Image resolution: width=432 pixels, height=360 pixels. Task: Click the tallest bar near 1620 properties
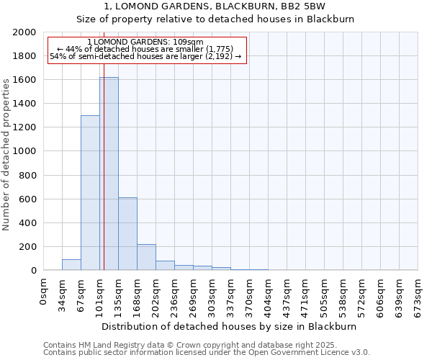(x=109, y=174)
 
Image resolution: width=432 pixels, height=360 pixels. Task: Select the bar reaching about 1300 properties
(x=90, y=193)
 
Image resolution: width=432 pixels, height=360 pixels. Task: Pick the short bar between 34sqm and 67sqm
(x=71, y=265)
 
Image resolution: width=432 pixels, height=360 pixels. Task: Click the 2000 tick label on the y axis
(x=24, y=32)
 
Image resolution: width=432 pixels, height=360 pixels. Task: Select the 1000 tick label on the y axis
(x=24, y=151)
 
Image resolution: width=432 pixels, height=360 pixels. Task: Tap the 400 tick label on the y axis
(x=27, y=222)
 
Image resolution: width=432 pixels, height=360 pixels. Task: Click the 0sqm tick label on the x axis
(x=44, y=291)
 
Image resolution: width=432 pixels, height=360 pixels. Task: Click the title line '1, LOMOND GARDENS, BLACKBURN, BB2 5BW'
(x=215, y=6)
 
